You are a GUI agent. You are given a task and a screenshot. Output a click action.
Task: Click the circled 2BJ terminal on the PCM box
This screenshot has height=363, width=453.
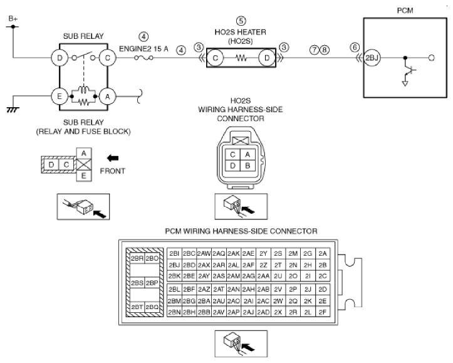point(372,58)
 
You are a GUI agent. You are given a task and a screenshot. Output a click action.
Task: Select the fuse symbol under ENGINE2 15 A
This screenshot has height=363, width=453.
point(143,58)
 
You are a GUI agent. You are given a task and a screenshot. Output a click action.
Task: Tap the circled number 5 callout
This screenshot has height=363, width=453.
point(241,21)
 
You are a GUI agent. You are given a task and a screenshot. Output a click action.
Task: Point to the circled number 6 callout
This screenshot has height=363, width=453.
point(355,47)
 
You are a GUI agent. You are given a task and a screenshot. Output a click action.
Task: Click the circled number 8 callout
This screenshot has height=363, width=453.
point(325,50)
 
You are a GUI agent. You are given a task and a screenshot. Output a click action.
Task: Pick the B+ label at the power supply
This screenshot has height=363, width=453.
point(13,19)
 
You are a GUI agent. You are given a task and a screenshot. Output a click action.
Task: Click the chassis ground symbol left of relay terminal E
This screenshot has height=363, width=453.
point(13,110)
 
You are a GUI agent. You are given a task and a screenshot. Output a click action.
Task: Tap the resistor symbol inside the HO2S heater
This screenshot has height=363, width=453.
point(241,58)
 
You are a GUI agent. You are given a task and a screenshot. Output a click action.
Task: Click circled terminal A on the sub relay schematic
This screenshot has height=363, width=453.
point(108,97)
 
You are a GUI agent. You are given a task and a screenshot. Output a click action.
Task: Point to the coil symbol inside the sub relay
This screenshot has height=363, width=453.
point(84,90)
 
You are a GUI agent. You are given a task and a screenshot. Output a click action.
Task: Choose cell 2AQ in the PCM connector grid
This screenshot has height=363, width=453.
point(219,254)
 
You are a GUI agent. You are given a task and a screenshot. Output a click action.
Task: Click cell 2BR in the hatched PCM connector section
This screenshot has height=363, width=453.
point(137,258)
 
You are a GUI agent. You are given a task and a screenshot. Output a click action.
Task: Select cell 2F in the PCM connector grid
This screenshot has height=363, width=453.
point(323,312)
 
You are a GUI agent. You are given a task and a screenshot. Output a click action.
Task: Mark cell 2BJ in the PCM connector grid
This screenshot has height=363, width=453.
point(174,265)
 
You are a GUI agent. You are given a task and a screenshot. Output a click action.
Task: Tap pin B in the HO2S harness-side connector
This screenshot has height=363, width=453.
point(247,166)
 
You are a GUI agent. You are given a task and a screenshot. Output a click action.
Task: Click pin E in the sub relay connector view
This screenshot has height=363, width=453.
point(84,176)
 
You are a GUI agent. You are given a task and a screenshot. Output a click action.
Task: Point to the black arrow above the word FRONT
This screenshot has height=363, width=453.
point(113,158)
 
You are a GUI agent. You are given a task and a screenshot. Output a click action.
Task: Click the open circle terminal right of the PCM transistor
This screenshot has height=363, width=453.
point(431,58)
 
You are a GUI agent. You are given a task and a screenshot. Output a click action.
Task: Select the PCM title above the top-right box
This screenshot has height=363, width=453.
point(405,11)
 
